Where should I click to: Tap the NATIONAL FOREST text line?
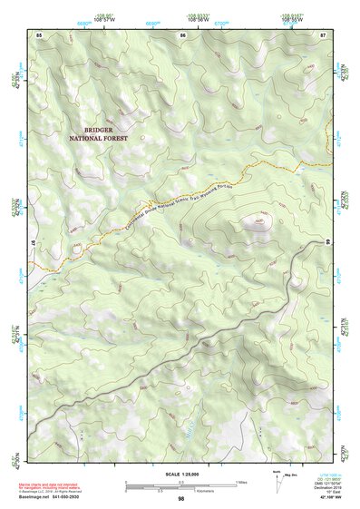point(99,139)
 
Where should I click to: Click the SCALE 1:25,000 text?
point(180,475)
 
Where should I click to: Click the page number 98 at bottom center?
point(181,499)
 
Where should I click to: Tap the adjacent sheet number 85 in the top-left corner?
point(39,34)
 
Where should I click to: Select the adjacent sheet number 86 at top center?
point(182,34)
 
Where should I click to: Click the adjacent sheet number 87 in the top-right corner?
point(322,34)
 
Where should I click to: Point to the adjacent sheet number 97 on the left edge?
point(34,243)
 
